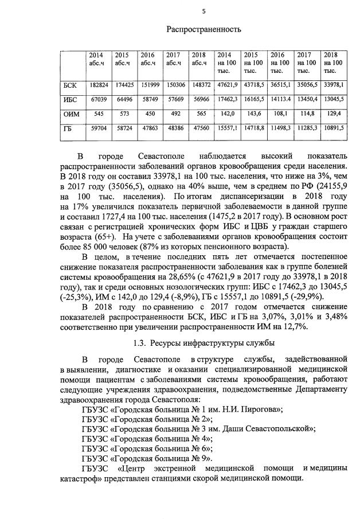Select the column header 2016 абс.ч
(x=148, y=59)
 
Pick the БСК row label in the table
(x=69, y=85)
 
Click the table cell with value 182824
(x=99, y=85)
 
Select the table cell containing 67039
(x=99, y=99)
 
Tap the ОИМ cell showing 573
(x=123, y=114)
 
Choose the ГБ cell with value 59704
(x=99, y=128)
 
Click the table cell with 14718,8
(x=254, y=129)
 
